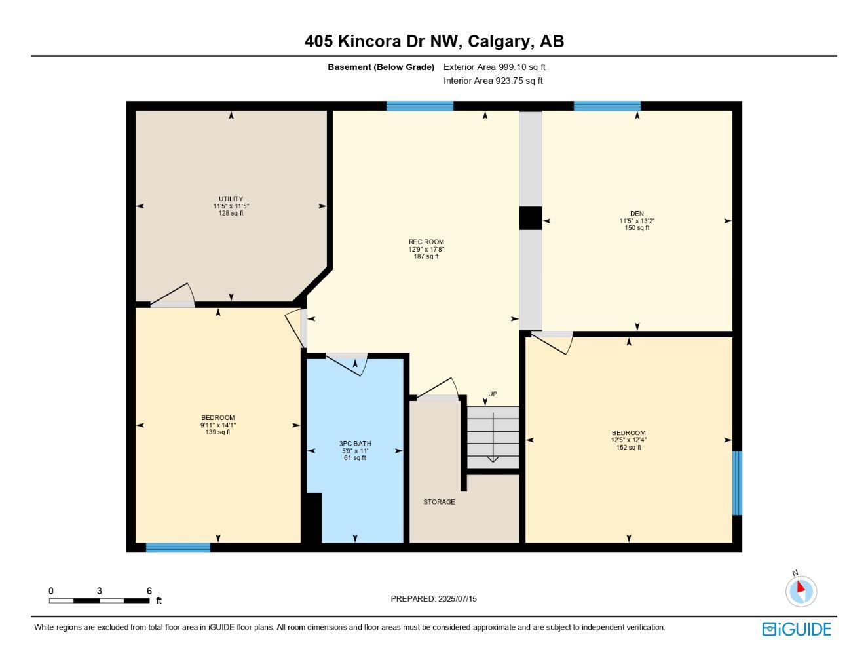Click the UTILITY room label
pos(231,199)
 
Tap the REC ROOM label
pos(426,242)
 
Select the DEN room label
pos(637,214)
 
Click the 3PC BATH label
pos(354,444)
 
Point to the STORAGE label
pos(439,502)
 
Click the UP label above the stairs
pos(493,394)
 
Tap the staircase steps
pos(493,436)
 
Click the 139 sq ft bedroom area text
pos(217,432)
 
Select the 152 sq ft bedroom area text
pos(628,447)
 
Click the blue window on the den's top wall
pos(607,106)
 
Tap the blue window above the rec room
pos(420,106)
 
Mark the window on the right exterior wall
pos(737,483)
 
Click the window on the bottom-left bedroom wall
pos(178,547)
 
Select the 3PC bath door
pos(348,364)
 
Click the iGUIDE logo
pos(796,629)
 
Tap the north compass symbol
pos(801,590)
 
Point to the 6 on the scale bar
pos(149,590)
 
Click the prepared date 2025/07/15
pos(434,599)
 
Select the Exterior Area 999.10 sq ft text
pos(495,67)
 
